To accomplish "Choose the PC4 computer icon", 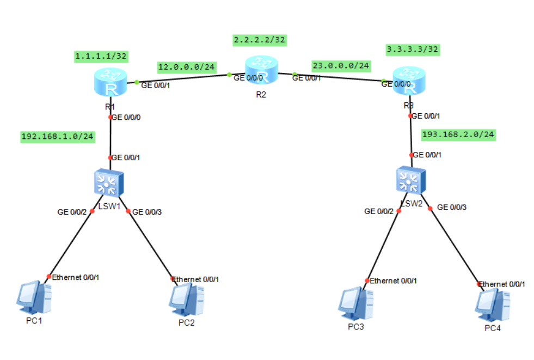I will pyautogui.click(x=493, y=306).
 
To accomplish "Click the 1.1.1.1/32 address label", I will pyautogui.click(x=101, y=56).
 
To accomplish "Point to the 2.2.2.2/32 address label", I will pyautogui.click(x=259, y=40).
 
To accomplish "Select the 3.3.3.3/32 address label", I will pyautogui.click(x=412, y=50).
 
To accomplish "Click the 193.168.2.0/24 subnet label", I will pyautogui.click(x=458, y=134).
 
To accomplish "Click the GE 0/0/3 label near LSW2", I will pyautogui.click(x=452, y=207).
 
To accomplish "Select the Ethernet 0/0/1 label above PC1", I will pyautogui.click(x=75, y=277).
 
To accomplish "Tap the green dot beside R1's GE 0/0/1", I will pyautogui.click(x=137, y=82).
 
